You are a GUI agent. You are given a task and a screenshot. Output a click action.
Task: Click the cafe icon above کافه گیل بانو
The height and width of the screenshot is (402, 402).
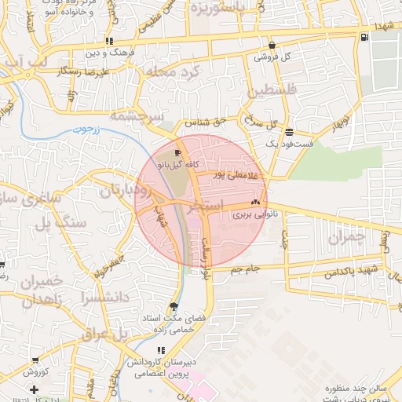[177, 153]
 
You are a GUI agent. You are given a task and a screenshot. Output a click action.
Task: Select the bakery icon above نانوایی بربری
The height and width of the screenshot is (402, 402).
[254, 202]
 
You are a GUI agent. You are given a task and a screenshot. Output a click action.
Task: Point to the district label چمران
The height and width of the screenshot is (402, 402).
[346, 236]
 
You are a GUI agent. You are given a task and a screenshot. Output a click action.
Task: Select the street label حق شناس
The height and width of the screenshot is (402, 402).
[205, 123]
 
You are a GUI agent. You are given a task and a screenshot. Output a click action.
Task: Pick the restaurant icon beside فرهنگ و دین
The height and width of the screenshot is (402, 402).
[109, 41]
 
